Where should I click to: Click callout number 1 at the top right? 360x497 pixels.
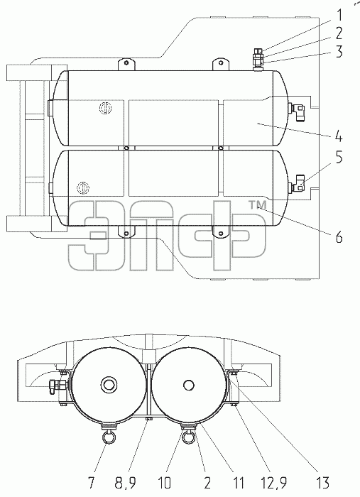tap(339, 15)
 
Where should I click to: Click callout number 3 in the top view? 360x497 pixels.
tap(339, 52)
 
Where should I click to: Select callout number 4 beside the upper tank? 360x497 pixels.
tap(339, 136)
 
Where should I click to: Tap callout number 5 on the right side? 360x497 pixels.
tap(339, 157)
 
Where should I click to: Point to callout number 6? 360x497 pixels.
tap(339, 236)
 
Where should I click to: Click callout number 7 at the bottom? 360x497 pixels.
tap(91, 483)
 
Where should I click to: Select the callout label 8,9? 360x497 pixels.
tap(125, 484)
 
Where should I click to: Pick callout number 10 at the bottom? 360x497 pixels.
tap(165, 483)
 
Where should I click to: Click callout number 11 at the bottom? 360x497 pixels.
tap(238, 483)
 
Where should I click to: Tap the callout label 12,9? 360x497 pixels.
tap(274, 484)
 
